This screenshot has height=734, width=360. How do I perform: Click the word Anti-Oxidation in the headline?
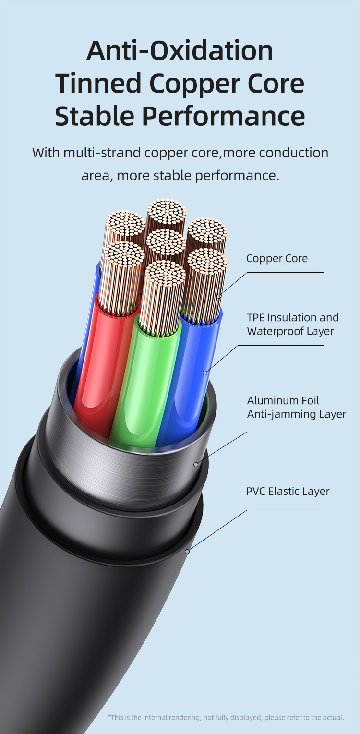(180, 50)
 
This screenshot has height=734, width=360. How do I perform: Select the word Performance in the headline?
(223, 116)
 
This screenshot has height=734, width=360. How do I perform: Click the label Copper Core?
(277, 258)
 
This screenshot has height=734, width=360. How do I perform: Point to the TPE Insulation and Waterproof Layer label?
(293, 324)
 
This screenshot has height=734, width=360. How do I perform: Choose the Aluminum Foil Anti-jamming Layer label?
(297, 407)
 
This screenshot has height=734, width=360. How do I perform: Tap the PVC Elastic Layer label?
(288, 491)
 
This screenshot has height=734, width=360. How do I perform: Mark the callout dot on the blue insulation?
(205, 373)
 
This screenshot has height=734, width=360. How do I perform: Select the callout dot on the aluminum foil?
(196, 464)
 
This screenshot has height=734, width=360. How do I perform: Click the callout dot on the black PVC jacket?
(187, 552)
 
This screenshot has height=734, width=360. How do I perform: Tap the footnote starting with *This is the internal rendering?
(226, 717)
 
